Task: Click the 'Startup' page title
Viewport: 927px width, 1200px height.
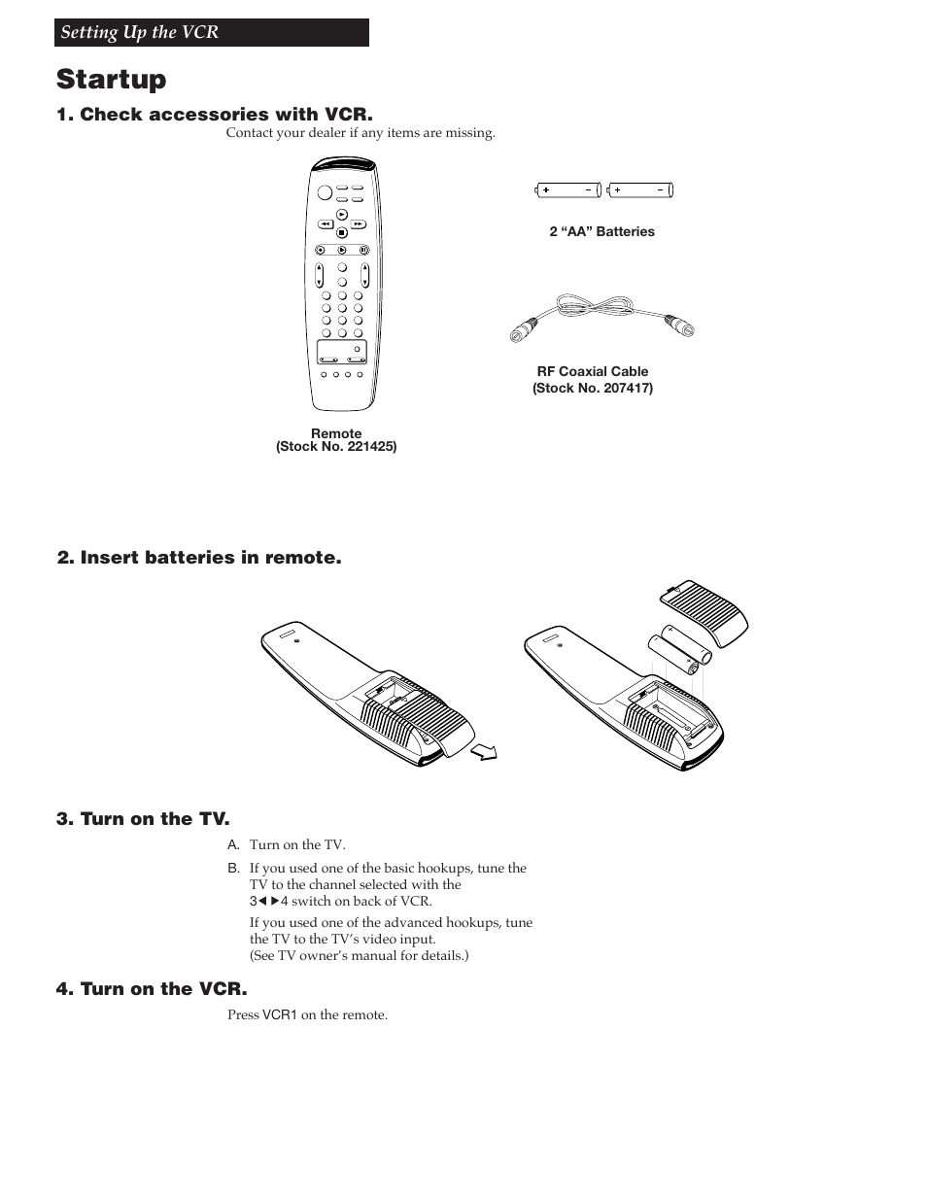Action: click(x=111, y=79)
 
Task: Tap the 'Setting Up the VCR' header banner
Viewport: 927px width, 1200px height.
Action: click(x=212, y=32)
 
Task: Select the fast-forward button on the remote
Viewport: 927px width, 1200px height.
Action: click(x=358, y=223)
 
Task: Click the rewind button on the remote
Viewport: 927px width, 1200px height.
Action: click(x=326, y=223)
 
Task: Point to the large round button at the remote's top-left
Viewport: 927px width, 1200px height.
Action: click(x=324, y=191)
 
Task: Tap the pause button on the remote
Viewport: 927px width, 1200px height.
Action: click(x=363, y=249)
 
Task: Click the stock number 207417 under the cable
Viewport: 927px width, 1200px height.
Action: click(x=592, y=388)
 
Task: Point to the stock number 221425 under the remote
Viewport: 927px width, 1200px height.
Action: click(x=336, y=447)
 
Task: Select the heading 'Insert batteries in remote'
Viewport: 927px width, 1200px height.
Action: click(x=199, y=558)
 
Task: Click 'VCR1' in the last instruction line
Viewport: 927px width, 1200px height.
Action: click(x=280, y=1015)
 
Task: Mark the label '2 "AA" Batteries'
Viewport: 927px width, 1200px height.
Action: click(x=601, y=231)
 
